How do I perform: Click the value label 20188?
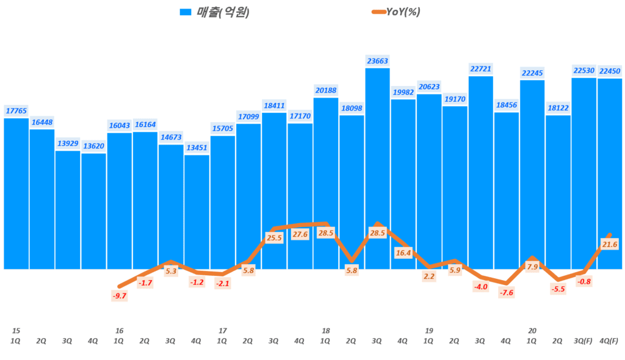point(326,90)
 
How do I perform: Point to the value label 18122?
point(558,108)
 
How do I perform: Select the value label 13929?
point(68,143)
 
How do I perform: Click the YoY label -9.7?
point(119,296)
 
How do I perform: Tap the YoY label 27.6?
point(300,234)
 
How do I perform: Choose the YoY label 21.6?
point(610,244)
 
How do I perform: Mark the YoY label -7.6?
point(507,292)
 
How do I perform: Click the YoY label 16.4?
point(403,252)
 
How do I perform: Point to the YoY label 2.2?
point(429,276)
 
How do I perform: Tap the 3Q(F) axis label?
point(583,341)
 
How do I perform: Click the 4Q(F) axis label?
point(609,341)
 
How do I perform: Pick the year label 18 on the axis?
point(326,331)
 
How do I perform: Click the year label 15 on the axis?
point(16,331)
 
